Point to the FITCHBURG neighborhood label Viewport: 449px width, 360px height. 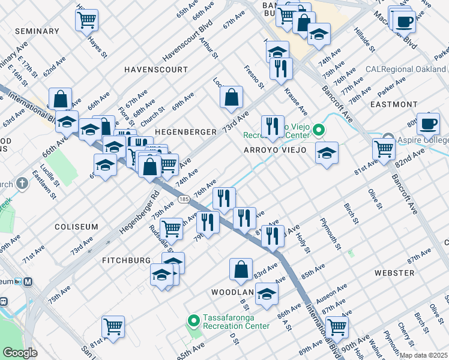pyautogui.click(x=126, y=260)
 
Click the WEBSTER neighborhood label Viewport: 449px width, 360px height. pyautogui.click(x=394, y=272)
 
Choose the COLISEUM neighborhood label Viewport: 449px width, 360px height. pyautogui.click(x=76, y=227)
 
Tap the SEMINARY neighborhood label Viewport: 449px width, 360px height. pyautogui.click(x=37, y=31)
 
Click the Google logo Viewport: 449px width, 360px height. pyautogui.click(x=20, y=353)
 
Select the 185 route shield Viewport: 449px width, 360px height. pyautogui.click(x=184, y=198)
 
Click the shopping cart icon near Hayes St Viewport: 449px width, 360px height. pyautogui.click(x=87, y=20)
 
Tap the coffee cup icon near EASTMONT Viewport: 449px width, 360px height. pyautogui.click(x=428, y=124)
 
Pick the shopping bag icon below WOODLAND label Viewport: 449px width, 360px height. pyautogui.click(x=241, y=271)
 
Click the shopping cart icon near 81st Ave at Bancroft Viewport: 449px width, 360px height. pyautogui.click(x=384, y=148)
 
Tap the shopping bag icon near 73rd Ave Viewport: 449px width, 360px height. pyautogui.click(x=231, y=97)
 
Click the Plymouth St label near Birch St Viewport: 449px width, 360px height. pyautogui.click(x=331, y=234)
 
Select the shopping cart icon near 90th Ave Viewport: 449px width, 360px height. pyautogui.click(x=337, y=327)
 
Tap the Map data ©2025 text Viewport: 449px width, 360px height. pyautogui.click(x=423, y=355)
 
